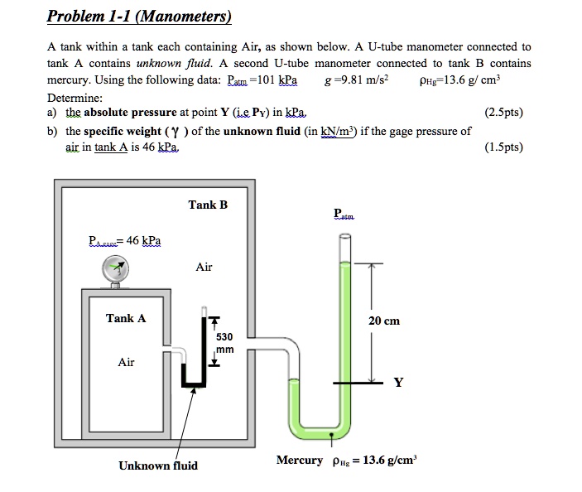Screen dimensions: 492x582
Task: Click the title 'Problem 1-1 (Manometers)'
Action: [138, 17]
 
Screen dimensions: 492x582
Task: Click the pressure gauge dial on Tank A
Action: [115, 268]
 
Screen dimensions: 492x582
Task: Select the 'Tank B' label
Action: [208, 205]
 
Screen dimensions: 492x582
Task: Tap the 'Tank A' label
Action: [126, 318]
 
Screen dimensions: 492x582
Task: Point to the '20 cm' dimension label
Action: [385, 321]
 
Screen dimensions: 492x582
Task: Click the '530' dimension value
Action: [224, 337]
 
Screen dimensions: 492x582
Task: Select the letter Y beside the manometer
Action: [399, 383]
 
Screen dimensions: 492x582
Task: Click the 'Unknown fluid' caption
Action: [158, 465]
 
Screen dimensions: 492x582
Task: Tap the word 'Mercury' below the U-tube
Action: [299, 460]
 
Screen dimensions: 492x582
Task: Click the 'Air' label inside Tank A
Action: [126, 362]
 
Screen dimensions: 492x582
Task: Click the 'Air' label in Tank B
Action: [204, 267]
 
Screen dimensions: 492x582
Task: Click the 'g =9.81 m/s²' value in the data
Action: [358, 80]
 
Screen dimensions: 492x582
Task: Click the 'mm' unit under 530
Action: [225, 350]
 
